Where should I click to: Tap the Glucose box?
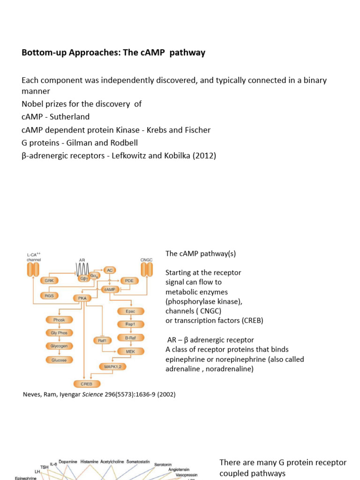tap(59, 360)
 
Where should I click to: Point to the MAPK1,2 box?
tap(113, 366)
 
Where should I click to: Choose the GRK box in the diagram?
tap(49, 280)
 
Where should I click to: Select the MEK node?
tap(130, 351)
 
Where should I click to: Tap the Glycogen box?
tap(59, 346)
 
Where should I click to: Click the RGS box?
tap(49, 295)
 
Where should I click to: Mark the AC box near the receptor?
tap(109, 270)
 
